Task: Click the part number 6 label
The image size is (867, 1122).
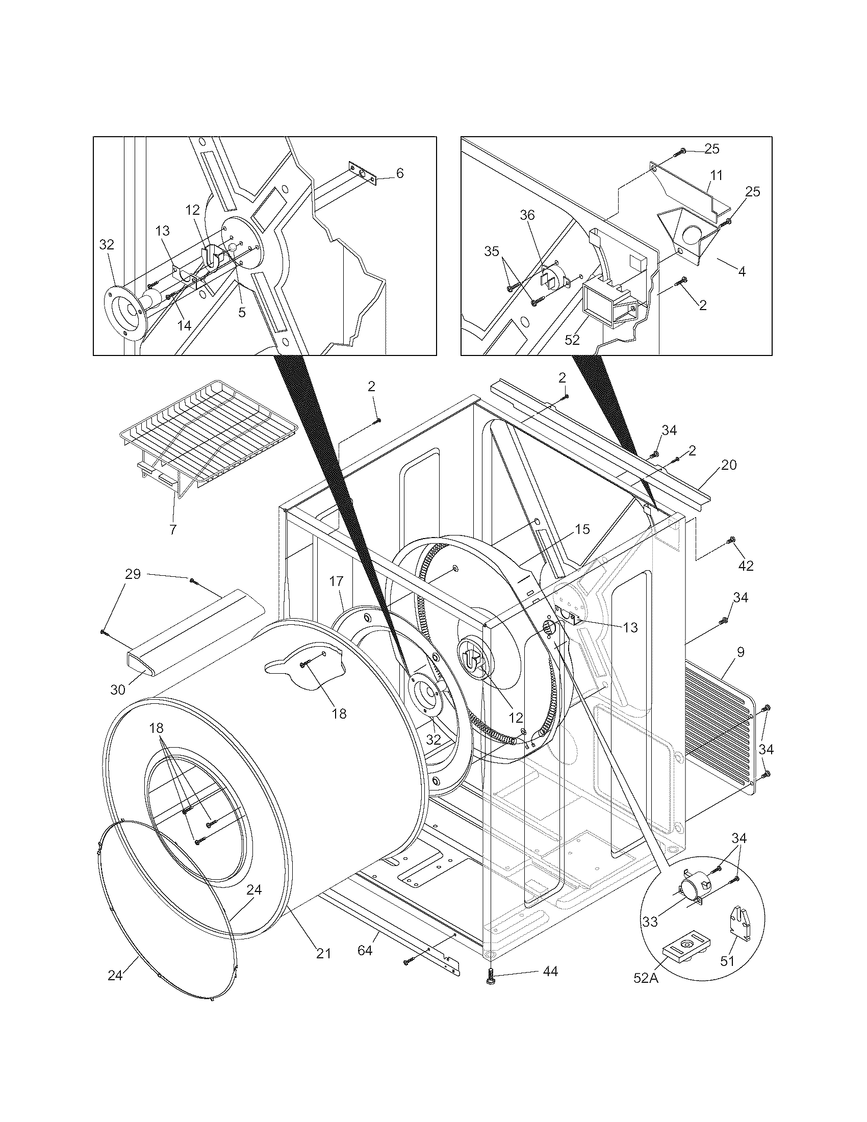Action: [x=400, y=173]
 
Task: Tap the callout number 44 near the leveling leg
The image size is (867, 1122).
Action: [x=550, y=972]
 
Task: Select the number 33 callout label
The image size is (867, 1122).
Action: [x=650, y=922]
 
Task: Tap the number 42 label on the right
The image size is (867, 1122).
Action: [x=745, y=566]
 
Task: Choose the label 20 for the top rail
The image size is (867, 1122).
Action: [x=728, y=465]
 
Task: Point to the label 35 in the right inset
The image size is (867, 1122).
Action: [x=492, y=252]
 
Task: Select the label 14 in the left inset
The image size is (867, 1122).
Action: [x=184, y=325]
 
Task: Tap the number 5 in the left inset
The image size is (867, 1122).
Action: [x=241, y=312]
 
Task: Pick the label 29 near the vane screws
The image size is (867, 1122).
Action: [x=133, y=574]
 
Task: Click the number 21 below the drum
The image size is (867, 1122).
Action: [x=322, y=954]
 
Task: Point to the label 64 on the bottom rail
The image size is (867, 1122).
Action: [x=365, y=951]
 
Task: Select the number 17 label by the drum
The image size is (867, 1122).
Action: [x=336, y=581]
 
